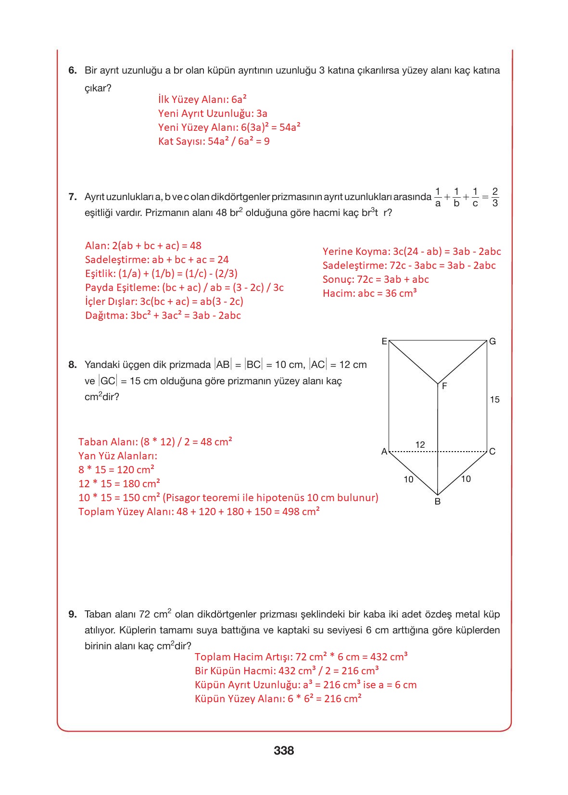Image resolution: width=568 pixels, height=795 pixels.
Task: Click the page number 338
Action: tap(284, 750)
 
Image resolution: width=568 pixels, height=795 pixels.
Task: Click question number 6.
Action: tap(72, 71)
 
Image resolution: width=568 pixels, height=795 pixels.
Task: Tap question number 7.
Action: tap(72, 197)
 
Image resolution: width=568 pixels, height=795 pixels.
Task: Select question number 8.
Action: tap(72, 365)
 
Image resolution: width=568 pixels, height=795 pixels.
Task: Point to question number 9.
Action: tap(72, 614)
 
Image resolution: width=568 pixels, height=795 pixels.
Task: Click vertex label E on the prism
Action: tap(384, 341)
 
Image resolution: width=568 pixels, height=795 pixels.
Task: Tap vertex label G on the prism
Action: tap(492, 341)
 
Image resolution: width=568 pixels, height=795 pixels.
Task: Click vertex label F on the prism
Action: tap(444, 386)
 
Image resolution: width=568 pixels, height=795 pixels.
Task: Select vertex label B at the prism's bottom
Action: tap(437, 502)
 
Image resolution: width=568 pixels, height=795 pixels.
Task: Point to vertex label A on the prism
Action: tap(384, 452)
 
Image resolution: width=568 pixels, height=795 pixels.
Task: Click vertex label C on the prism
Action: tap(492, 452)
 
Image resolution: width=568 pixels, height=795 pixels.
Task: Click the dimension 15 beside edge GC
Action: tap(494, 399)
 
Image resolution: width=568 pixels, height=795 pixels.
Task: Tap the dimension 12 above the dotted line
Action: tap(420, 445)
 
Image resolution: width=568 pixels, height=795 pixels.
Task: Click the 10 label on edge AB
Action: tap(408, 480)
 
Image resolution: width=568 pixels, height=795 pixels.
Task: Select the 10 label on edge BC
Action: tap(466, 479)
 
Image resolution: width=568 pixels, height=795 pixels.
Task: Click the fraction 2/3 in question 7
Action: tap(495, 197)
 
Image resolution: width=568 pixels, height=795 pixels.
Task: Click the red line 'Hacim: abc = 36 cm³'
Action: tap(369, 293)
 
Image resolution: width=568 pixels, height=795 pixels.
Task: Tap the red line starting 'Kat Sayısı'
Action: tap(214, 141)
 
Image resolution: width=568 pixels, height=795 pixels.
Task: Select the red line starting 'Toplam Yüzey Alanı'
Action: tap(199, 512)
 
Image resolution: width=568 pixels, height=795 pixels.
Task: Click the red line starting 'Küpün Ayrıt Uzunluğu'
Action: tap(305, 685)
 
